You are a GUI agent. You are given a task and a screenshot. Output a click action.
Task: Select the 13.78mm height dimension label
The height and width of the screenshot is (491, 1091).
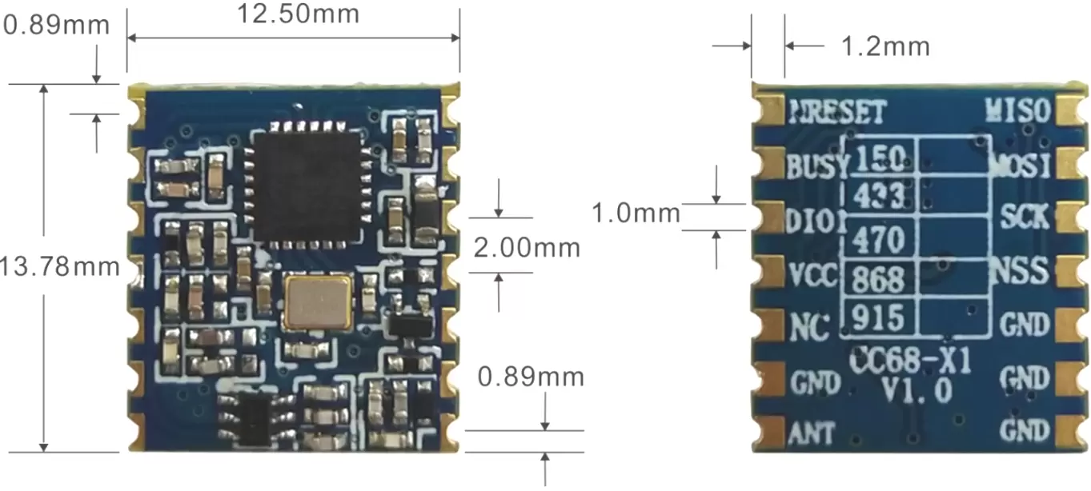(60, 265)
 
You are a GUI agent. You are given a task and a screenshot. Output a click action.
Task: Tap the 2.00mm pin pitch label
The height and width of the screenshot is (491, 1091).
(527, 248)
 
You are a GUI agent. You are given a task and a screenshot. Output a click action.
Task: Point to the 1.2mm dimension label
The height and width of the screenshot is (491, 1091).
(884, 46)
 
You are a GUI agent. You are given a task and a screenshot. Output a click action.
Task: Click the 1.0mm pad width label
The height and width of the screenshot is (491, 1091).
(636, 214)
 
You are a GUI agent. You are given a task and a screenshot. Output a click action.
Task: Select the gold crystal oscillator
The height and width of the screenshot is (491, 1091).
(318, 301)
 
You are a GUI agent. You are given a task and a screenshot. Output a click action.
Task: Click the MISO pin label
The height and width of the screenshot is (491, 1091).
(1018, 110)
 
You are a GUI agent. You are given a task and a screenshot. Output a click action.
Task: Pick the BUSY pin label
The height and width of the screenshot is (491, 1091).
(816, 167)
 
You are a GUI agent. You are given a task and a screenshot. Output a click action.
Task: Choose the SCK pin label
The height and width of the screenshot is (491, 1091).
(1024, 216)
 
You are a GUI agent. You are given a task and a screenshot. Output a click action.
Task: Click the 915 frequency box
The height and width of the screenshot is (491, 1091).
(879, 317)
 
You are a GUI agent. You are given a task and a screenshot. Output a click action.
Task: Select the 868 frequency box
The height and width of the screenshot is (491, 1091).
(879, 279)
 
